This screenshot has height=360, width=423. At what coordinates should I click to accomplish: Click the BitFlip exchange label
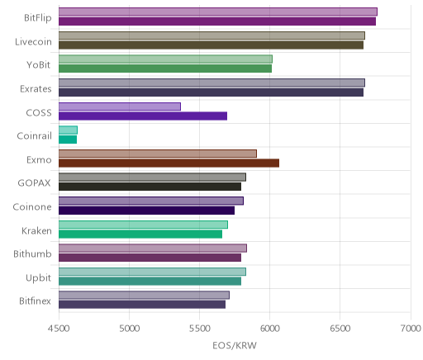pyautogui.click(x=38, y=17)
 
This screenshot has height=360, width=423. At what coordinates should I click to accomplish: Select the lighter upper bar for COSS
pyautogui.click(x=120, y=107)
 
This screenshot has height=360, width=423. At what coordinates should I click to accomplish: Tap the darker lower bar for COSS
pyautogui.click(x=143, y=116)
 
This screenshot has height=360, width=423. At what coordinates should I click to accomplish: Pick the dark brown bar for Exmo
pyautogui.click(x=169, y=163)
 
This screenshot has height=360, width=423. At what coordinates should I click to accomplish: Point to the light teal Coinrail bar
pyautogui.click(x=68, y=130)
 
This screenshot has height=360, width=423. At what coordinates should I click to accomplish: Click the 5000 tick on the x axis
pyautogui.click(x=130, y=328)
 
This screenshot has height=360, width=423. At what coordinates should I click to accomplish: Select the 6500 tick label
pyautogui.click(x=340, y=328)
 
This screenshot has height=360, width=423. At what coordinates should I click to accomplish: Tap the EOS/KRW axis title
pyautogui.click(x=235, y=345)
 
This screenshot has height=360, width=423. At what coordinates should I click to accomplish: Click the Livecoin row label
pyautogui.click(x=33, y=41)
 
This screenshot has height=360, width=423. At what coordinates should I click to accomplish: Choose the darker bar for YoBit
pyautogui.click(x=165, y=69)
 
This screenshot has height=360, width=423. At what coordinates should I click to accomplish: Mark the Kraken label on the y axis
pyautogui.click(x=36, y=230)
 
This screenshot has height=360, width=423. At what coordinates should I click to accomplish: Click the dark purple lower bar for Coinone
pyautogui.click(x=146, y=211)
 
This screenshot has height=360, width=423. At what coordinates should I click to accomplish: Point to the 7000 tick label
pyautogui.click(x=411, y=328)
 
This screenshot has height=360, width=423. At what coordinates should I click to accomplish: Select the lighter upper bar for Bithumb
pyautogui.click(x=153, y=248)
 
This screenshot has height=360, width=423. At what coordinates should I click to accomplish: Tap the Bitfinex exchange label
pyautogui.click(x=35, y=301)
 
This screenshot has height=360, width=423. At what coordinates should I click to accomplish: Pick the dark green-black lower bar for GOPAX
pyautogui.click(x=150, y=187)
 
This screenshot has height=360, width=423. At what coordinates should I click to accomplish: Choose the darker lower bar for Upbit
pyautogui.click(x=150, y=282)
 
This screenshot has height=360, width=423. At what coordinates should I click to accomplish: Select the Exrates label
pyautogui.click(x=36, y=88)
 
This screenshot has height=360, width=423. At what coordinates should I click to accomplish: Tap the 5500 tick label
pyautogui.click(x=200, y=328)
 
